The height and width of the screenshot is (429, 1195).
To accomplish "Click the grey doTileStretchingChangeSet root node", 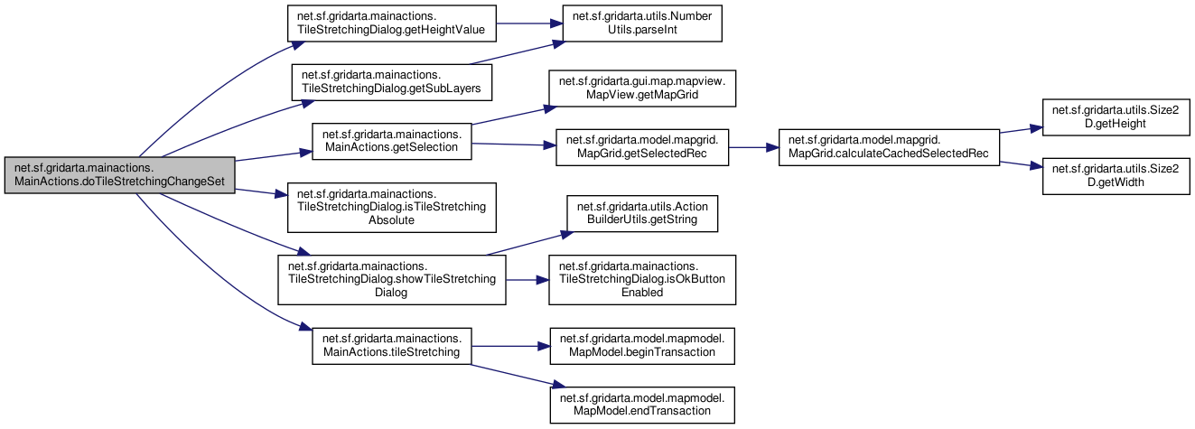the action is (119, 175).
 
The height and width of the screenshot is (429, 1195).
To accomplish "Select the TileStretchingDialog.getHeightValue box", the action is (392, 23).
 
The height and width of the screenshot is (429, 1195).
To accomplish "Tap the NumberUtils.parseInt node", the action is (642, 23).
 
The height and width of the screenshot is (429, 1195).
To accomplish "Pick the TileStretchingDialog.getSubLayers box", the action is (392, 82).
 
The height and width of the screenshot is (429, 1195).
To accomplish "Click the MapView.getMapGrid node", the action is (642, 89).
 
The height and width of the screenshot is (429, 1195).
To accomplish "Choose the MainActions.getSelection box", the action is (392, 142).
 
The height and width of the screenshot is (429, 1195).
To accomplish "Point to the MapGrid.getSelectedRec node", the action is (642, 147).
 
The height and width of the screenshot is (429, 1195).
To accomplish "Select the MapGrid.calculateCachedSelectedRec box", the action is (889, 147).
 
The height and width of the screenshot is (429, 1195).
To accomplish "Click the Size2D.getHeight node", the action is (1116, 117).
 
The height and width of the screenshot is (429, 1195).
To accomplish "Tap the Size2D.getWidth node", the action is (1116, 176).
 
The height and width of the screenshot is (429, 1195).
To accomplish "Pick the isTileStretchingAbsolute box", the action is (392, 208).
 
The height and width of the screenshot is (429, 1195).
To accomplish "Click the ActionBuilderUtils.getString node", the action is (642, 213).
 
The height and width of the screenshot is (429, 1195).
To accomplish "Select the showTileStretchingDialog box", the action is (392, 280).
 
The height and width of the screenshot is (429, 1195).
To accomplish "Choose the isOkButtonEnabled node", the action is (642, 280).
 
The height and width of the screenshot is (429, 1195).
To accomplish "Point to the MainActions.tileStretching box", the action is (392, 346).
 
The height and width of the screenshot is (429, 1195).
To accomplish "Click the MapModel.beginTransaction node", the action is (642, 346).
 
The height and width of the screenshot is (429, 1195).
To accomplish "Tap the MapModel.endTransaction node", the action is (642, 405).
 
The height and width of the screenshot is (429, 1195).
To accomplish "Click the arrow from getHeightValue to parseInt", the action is (529, 23).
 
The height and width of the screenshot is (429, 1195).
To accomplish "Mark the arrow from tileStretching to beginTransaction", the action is (510, 346).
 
